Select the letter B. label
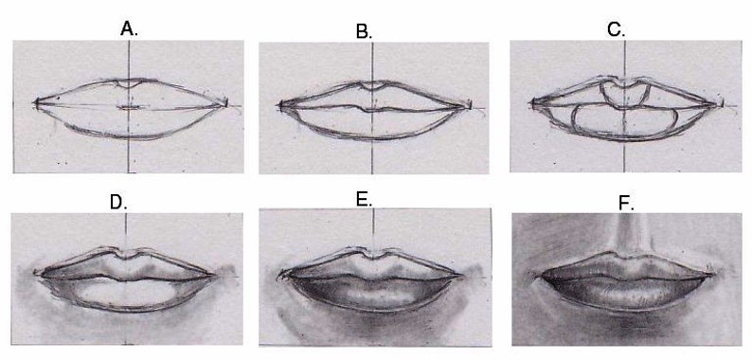[364, 31]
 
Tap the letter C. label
[617, 29]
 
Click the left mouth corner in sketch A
[36, 102]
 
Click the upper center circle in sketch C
[623, 93]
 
